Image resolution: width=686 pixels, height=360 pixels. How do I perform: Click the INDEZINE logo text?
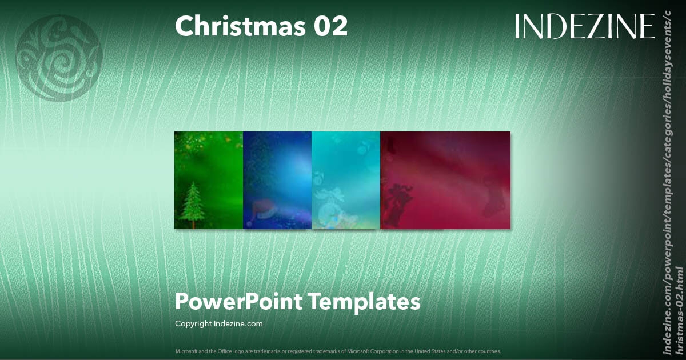[x=584, y=26]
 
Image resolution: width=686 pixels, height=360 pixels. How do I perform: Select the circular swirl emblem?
[x=59, y=58]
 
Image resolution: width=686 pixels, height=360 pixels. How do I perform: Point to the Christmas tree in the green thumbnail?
[x=193, y=203]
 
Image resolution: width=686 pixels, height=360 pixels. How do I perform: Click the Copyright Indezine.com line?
[x=219, y=323]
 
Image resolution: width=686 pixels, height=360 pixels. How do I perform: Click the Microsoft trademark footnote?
[x=338, y=351]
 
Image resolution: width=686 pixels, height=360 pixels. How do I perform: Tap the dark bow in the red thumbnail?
[x=400, y=200]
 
